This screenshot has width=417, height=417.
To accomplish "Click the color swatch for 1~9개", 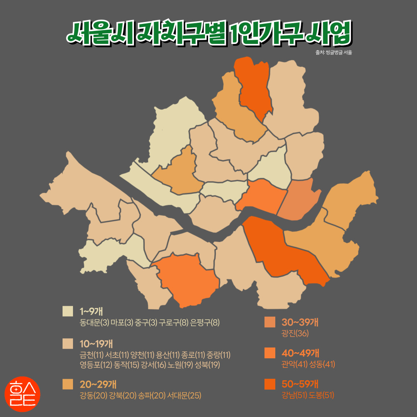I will point(68,311).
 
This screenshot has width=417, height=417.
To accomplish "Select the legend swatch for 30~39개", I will point(270,322).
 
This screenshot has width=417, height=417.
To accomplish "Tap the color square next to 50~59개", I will point(270,384).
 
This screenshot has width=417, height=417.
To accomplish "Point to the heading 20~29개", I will point(98,384).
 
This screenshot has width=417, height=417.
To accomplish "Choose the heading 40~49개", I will point(300,353).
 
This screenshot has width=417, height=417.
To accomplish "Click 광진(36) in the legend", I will point(295,334).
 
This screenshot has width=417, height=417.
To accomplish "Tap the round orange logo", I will point(22,394).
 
